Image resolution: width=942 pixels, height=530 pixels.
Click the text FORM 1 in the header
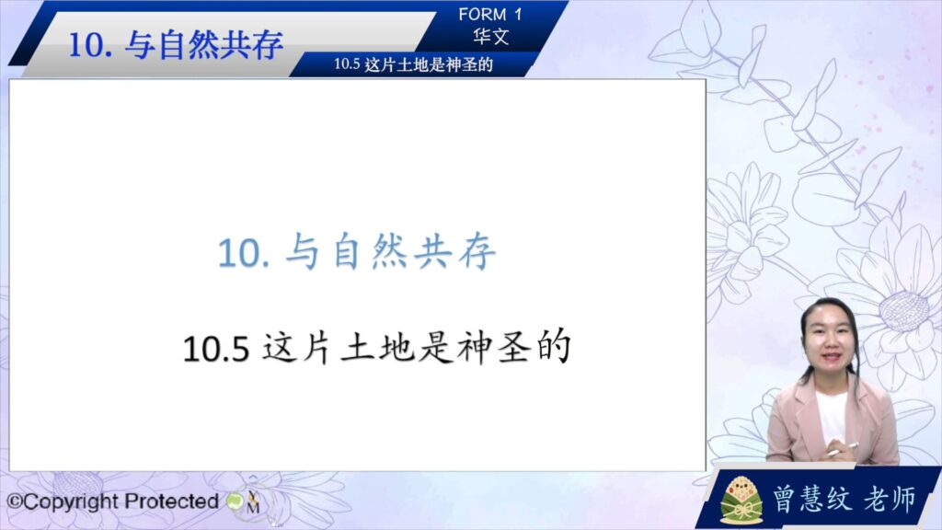tap(490, 15)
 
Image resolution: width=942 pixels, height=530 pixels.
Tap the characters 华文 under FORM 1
tap(491, 37)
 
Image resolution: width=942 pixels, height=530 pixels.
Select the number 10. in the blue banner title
tap(90, 46)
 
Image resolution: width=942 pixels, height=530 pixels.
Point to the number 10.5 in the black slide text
tap(215, 349)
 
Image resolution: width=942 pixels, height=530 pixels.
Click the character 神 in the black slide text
tap(475, 348)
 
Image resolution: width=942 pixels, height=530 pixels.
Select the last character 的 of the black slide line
tap(553, 347)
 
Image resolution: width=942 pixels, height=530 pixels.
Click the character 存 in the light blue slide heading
tap(477, 252)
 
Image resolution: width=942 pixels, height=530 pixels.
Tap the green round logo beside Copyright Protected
tap(235, 501)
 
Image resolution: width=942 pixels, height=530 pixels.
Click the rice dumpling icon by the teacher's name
tap(741, 500)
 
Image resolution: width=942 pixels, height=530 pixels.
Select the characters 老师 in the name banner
tap(890, 498)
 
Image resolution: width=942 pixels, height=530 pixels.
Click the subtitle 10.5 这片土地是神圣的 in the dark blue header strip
tap(413, 64)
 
